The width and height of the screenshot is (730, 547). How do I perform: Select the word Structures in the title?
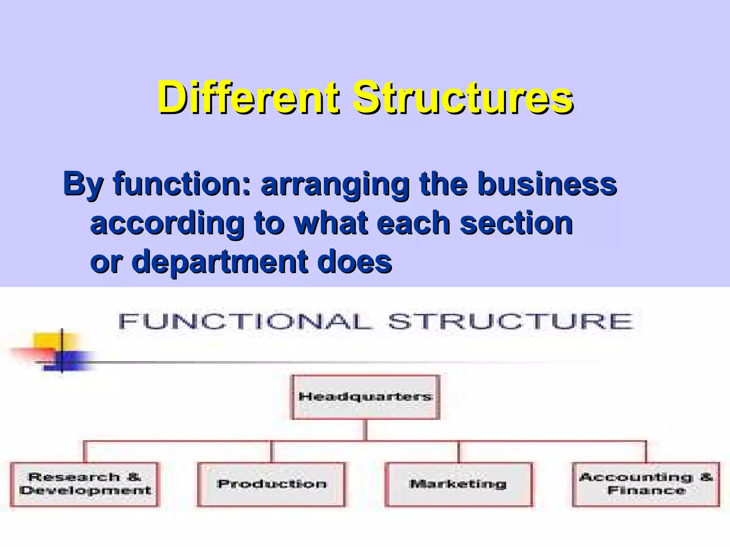(463, 97)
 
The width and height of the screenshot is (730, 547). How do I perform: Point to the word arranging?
(335, 184)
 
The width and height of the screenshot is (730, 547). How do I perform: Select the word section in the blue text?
(516, 223)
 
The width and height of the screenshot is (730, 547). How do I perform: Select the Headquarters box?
(366, 397)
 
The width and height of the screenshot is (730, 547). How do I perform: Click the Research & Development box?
(84, 484)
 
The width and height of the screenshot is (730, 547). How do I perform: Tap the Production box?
(271, 484)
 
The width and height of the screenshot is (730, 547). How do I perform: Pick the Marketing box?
(459, 484)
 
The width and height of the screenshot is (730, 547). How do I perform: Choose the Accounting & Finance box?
(646, 484)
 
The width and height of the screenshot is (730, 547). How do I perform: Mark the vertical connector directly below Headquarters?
(366, 430)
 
